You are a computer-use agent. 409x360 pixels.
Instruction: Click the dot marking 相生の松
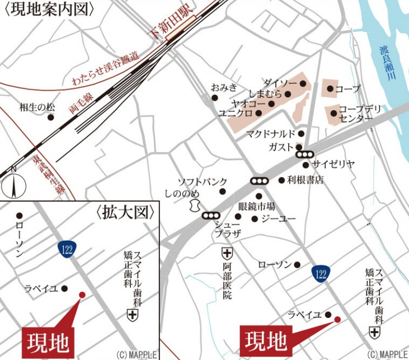51,118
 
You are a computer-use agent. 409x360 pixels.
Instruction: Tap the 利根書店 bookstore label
305,180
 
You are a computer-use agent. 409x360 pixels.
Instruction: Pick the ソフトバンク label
203,182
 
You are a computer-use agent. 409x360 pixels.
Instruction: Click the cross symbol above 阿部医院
227,253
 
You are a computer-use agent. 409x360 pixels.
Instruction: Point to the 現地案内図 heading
49,10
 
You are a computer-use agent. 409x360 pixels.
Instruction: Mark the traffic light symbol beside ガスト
304,154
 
